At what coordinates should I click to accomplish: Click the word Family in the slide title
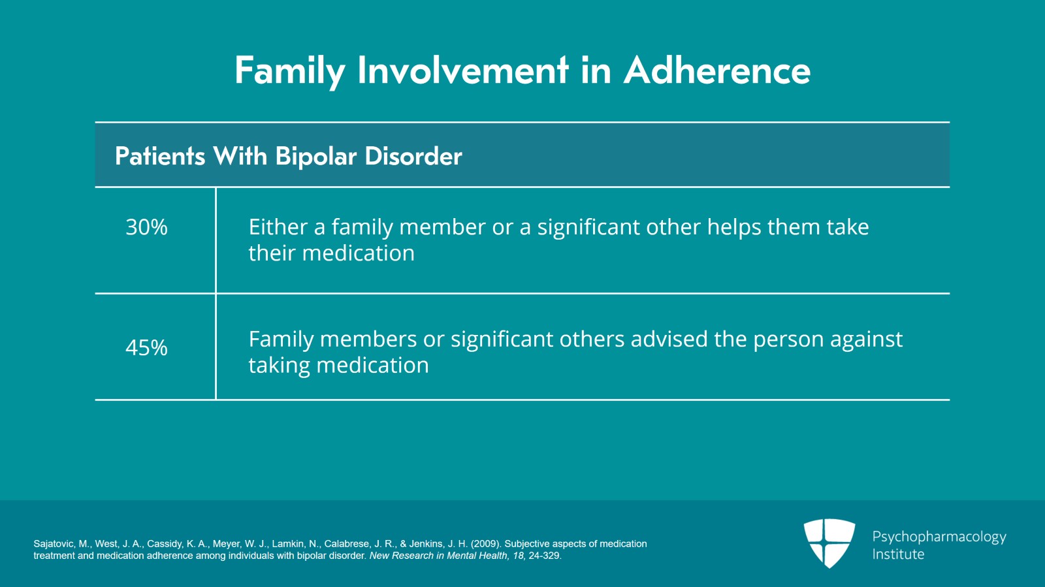pos(290,71)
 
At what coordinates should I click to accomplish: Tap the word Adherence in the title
pos(717,71)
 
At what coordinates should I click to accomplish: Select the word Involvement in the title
pos(463,71)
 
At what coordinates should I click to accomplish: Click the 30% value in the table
pos(146,227)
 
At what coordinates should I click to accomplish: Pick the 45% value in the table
pos(146,348)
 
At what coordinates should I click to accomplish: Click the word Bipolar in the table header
pos(316,157)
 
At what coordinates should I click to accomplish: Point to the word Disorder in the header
pos(413,155)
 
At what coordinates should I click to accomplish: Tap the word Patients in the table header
pos(160,156)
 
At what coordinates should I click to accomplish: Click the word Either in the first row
pos(278,227)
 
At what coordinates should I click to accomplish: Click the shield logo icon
pos(829,543)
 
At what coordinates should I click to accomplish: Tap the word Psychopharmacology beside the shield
pos(939,537)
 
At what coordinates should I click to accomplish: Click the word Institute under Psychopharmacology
pos(898,554)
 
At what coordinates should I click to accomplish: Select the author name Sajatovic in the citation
pos(54,544)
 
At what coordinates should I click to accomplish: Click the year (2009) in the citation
pos(486,544)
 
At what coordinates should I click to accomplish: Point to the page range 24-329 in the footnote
pos(545,556)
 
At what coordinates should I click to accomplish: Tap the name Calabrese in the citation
pos(347,544)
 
